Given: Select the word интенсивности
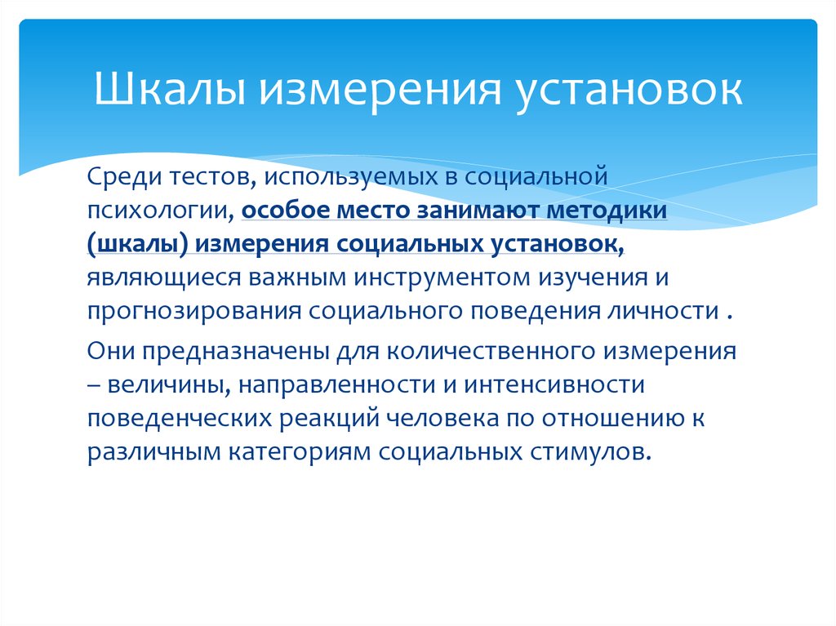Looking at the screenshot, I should pyautogui.click(x=557, y=386).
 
